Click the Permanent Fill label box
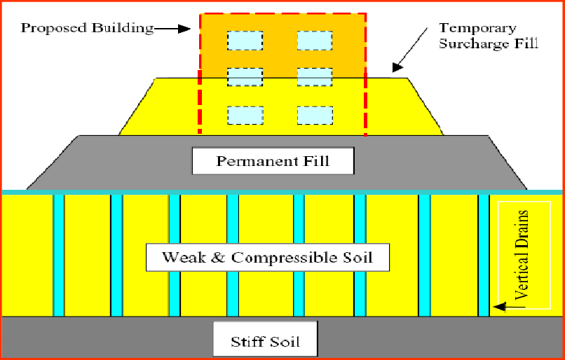pos(273,162)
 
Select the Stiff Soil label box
pos(265,342)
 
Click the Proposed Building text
pos(87,29)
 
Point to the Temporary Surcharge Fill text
pos(488,36)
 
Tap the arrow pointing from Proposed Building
pos(172,29)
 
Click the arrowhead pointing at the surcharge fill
pos(397,67)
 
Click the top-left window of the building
pos(244,41)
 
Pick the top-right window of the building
pos(314,41)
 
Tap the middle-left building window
pos(244,76)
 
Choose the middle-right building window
pos(314,76)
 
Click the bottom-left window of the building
pos(244,115)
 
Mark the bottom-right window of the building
pos(314,115)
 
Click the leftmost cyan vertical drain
pos(59,256)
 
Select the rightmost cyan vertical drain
pos(483,256)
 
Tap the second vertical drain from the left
pos(116,256)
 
